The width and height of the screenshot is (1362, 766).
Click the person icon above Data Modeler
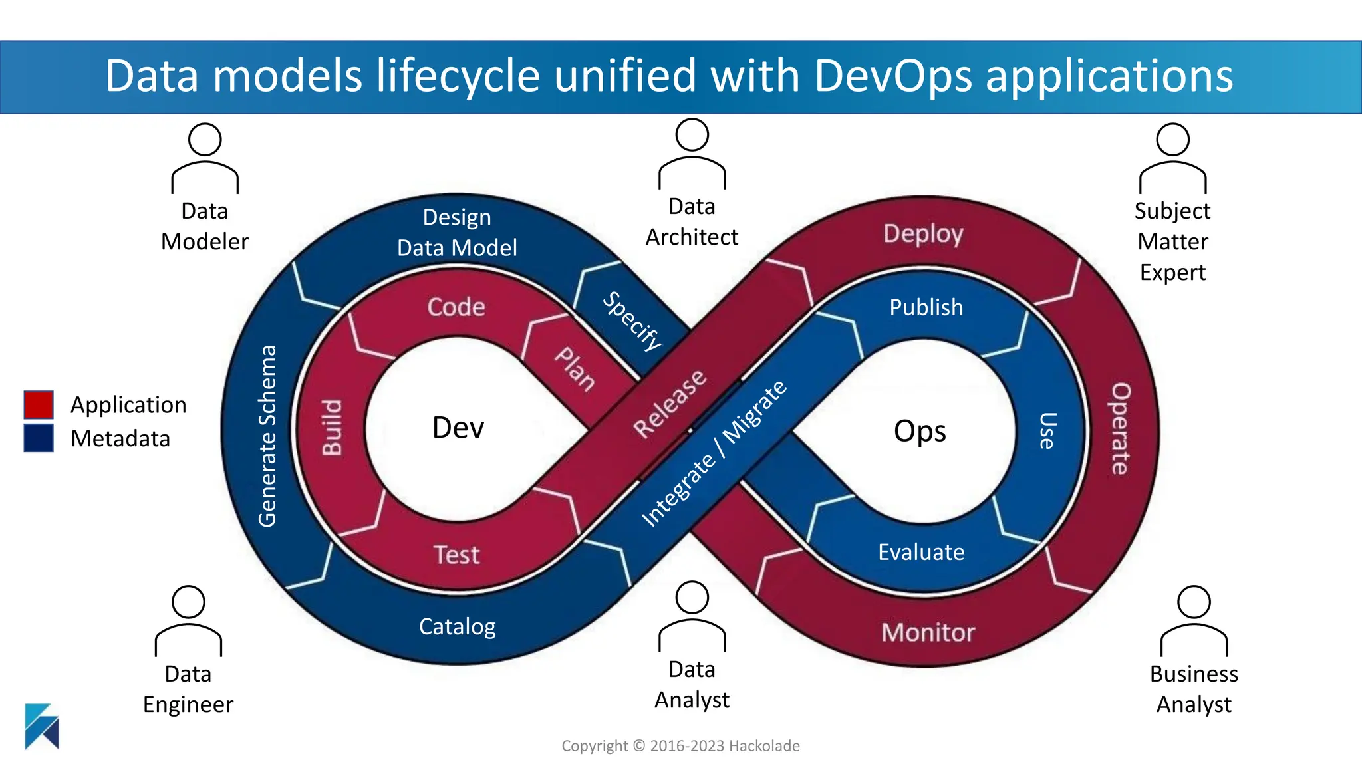coord(205,158)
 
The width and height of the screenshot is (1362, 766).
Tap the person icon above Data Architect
coord(692,153)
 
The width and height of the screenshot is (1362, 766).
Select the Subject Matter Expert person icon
coord(1172,158)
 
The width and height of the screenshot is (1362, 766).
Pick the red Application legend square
coord(39,404)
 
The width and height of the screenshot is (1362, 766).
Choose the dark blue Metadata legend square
coord(39,438)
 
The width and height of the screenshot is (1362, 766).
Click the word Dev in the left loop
coord(458,428)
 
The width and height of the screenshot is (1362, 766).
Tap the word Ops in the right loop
coord(920,431)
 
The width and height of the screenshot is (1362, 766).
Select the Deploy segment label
coord(923,233)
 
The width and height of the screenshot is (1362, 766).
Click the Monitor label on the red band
coord(928,632)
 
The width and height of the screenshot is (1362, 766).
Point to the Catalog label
coord(458,626)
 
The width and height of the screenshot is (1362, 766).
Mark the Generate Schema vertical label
coord(267,436)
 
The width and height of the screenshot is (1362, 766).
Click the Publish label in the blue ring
coord(926,307)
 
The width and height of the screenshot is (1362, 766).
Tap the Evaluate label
coord(921,552)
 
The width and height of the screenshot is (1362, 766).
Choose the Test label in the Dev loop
coord(456,555)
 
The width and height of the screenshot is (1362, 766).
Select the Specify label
coord(632,321)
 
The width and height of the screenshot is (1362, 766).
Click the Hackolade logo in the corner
coord(42,726)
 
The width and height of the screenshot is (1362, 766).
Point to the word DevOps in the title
coord(894,75)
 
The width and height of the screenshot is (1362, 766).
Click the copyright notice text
coord(680,746)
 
